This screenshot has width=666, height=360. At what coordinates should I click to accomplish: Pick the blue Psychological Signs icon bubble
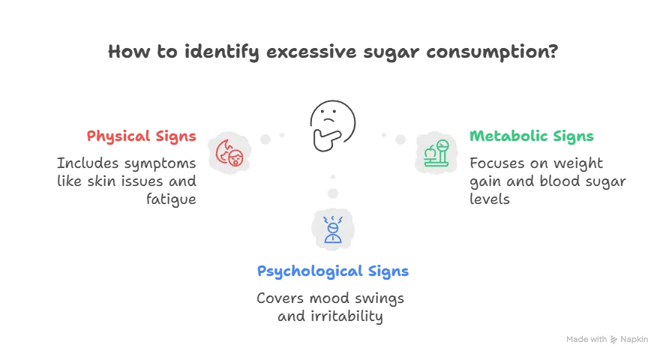coord(333,228)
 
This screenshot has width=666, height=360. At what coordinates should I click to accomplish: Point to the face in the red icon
coord(236,158)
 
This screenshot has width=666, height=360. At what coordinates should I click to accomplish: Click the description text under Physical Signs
coord(125,181)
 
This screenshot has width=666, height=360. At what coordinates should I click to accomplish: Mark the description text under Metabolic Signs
coord(547,181)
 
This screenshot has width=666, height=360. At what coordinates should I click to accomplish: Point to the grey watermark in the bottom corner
coord(605,338)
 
